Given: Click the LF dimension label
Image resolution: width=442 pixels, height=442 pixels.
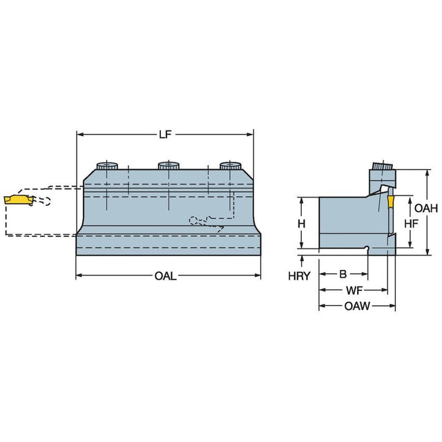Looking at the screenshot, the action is coord(165,135).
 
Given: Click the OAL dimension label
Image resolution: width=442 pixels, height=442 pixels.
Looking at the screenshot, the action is coord(166,276).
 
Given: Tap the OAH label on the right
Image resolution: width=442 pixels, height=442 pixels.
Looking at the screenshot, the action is coord(426,209).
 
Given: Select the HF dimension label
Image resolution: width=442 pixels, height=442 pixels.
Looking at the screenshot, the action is coord(412,224).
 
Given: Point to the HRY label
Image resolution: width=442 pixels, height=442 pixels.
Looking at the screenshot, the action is coord(299,276).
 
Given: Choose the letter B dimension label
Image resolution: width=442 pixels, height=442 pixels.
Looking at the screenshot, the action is coord(343,273).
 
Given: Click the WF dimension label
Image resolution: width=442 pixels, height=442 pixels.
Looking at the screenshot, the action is coord(354,290).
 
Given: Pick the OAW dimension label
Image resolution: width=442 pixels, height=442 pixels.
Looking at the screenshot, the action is coord(357,306).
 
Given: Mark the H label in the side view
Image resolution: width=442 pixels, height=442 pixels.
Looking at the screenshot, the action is coord(302,224).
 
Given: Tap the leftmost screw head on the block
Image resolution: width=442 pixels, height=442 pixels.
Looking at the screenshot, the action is coord(107,166).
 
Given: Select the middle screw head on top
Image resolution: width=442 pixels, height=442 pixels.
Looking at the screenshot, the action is coord(169,166).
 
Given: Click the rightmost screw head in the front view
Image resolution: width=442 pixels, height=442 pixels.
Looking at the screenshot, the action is coord(230,166).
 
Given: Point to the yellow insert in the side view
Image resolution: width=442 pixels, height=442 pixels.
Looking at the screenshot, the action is coord(390,202).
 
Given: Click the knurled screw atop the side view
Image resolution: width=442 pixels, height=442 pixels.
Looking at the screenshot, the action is coord(382,166).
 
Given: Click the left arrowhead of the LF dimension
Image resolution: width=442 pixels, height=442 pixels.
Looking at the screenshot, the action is coord(80,135).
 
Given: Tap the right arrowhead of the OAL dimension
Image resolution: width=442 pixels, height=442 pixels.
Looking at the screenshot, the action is coord(258,275).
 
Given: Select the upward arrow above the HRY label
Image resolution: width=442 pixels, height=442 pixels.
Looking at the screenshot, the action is coord(302,261).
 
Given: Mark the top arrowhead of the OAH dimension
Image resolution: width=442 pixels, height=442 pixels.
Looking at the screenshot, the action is coord(427,173).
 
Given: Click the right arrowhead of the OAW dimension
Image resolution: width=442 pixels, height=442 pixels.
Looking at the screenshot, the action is coord(392,305).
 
